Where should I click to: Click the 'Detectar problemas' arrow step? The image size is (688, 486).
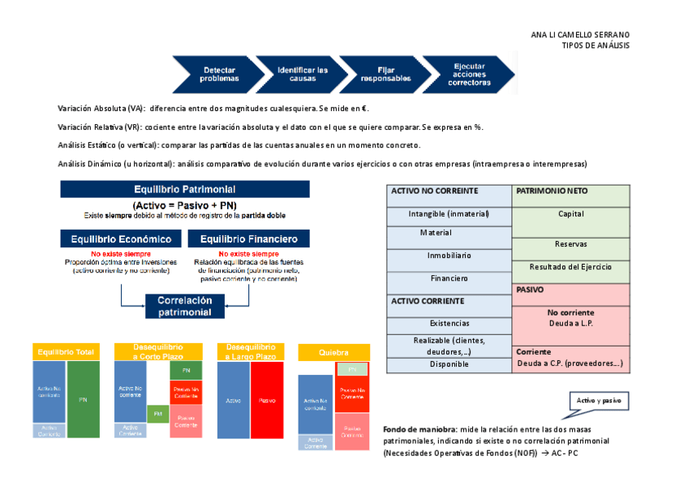click(x=217, y=75)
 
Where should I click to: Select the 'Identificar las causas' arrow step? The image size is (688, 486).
click(x=301, y=75)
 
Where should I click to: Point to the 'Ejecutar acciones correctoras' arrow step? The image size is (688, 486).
click(x=468, y=75)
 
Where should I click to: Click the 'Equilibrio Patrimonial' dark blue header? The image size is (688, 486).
click(x=185, y=188)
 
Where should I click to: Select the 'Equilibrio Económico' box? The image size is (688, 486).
click(x=121, y=239)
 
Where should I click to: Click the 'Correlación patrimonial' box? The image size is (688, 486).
click(x=185, y=306)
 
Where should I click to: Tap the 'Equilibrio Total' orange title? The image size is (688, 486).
click(x=65, y=352)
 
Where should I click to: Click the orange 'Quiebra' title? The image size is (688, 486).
click(x=333, y=353)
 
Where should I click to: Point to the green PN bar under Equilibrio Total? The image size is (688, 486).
click(x=83, y=399)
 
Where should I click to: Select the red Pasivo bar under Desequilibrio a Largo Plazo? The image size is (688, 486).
click(x=267, y=400)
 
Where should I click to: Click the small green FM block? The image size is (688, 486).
click(x=157, y=414)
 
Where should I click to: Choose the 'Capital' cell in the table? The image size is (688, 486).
click(x=570, y=214)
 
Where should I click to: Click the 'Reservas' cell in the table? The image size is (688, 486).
click(x=570, y=243)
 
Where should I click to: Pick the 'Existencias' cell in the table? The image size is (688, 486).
click(x=449, y=323)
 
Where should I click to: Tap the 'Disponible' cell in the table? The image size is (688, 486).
click(x=449, y=364)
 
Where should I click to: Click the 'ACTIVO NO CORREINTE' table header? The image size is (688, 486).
click(x=449, y=191)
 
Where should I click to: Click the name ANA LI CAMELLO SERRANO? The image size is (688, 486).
click(x=579, y=35)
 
